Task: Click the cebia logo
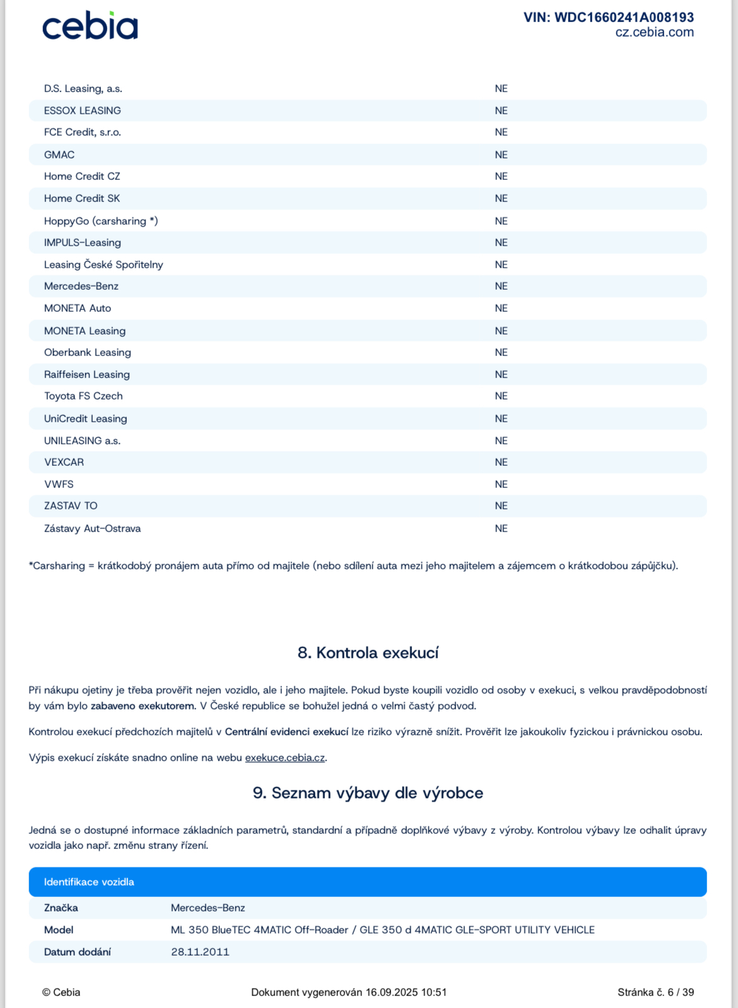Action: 90,26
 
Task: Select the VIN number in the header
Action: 608,17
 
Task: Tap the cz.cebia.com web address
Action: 654,32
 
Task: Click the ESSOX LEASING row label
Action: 82,110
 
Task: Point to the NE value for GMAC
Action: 501,155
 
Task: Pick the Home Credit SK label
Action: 81,198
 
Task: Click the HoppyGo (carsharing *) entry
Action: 100,221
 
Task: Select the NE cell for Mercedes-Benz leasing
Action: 501,286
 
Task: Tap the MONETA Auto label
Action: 77,308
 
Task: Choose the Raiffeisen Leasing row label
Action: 86,374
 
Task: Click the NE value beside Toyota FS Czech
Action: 501,396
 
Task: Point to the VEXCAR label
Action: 64,462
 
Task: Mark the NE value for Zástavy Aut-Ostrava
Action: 501,528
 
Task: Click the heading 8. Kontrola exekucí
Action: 368,653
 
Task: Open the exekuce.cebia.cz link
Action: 284,757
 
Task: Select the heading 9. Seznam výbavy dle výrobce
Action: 368,793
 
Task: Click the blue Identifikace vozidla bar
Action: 368,882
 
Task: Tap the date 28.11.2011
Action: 200,952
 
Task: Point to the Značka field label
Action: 61,908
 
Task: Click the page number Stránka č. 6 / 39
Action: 655,992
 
